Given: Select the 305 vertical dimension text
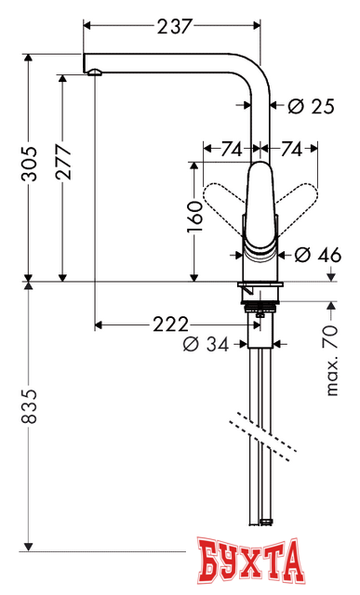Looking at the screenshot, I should point(31,165).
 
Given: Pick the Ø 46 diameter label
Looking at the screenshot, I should point(313,254).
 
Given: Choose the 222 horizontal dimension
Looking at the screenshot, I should point(169,324).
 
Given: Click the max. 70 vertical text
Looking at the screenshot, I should point(333,362).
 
